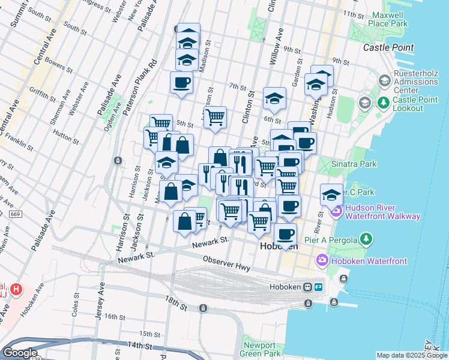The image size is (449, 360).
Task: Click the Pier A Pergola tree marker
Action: coord(366,239)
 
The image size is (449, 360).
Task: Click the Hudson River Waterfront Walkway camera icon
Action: coord(336,211)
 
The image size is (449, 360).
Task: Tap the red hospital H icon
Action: coord(17,289)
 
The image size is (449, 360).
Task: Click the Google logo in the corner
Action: coord(20,353)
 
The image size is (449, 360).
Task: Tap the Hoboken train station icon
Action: coord(309,287)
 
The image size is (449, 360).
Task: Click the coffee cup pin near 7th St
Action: coord(181,82)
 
